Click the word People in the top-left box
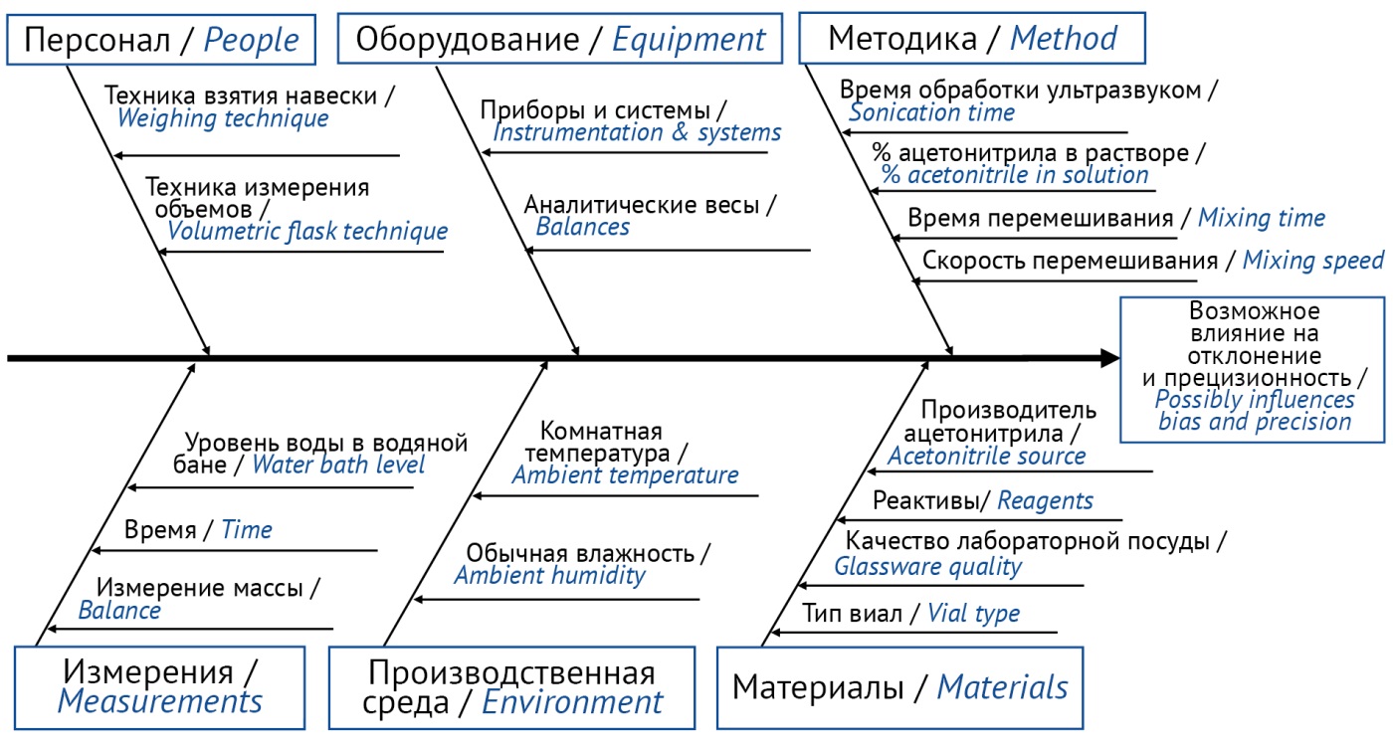pos(251,41)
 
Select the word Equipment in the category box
pos(689,41)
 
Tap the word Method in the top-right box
pos(1064,38)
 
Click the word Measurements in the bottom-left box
pos(160,701)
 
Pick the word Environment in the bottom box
pos(572,702)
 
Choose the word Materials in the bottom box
pos(1003,687)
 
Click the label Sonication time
pos(931,112)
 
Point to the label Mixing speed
pos(1312,261)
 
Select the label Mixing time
pos(1262,218)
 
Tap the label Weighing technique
pos(223,118)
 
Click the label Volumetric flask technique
pos(307,232)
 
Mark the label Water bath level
pos(338,465)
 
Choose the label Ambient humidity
pos(549,575)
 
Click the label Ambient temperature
pos(625,475)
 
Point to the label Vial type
pos(973,614)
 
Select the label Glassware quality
pos(927,567)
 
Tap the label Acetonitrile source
pos(986,456)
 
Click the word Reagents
pos(1045,500)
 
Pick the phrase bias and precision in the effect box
pos(1255,423)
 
